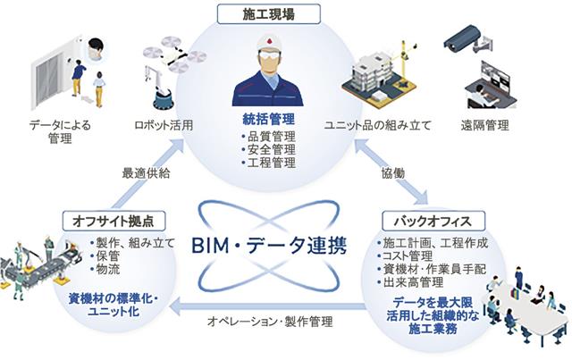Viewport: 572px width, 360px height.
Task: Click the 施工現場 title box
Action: coord(269,14)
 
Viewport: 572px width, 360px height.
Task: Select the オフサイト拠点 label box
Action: coord(114,221)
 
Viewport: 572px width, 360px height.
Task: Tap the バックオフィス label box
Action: coord(433,221)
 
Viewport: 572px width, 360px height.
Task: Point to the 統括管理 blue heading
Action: coord(269,119)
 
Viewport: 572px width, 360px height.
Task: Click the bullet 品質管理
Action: coord(268,137)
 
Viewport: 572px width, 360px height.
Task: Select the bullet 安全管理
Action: coord(268,149)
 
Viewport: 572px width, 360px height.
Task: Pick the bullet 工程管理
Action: coord(268,163)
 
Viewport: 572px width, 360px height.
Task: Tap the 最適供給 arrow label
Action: coord(146,173)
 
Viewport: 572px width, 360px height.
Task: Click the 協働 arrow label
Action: coord(393,173)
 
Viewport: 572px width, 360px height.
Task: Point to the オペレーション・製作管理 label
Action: coord(270,322)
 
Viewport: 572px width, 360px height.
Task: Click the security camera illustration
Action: coord(467,39)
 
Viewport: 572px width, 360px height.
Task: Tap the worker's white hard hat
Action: coord(270,43)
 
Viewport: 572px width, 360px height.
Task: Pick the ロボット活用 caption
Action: coord(164,125)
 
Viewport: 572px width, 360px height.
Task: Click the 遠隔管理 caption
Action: coord(484,125)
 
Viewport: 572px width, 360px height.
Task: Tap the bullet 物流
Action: coord(105,269)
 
